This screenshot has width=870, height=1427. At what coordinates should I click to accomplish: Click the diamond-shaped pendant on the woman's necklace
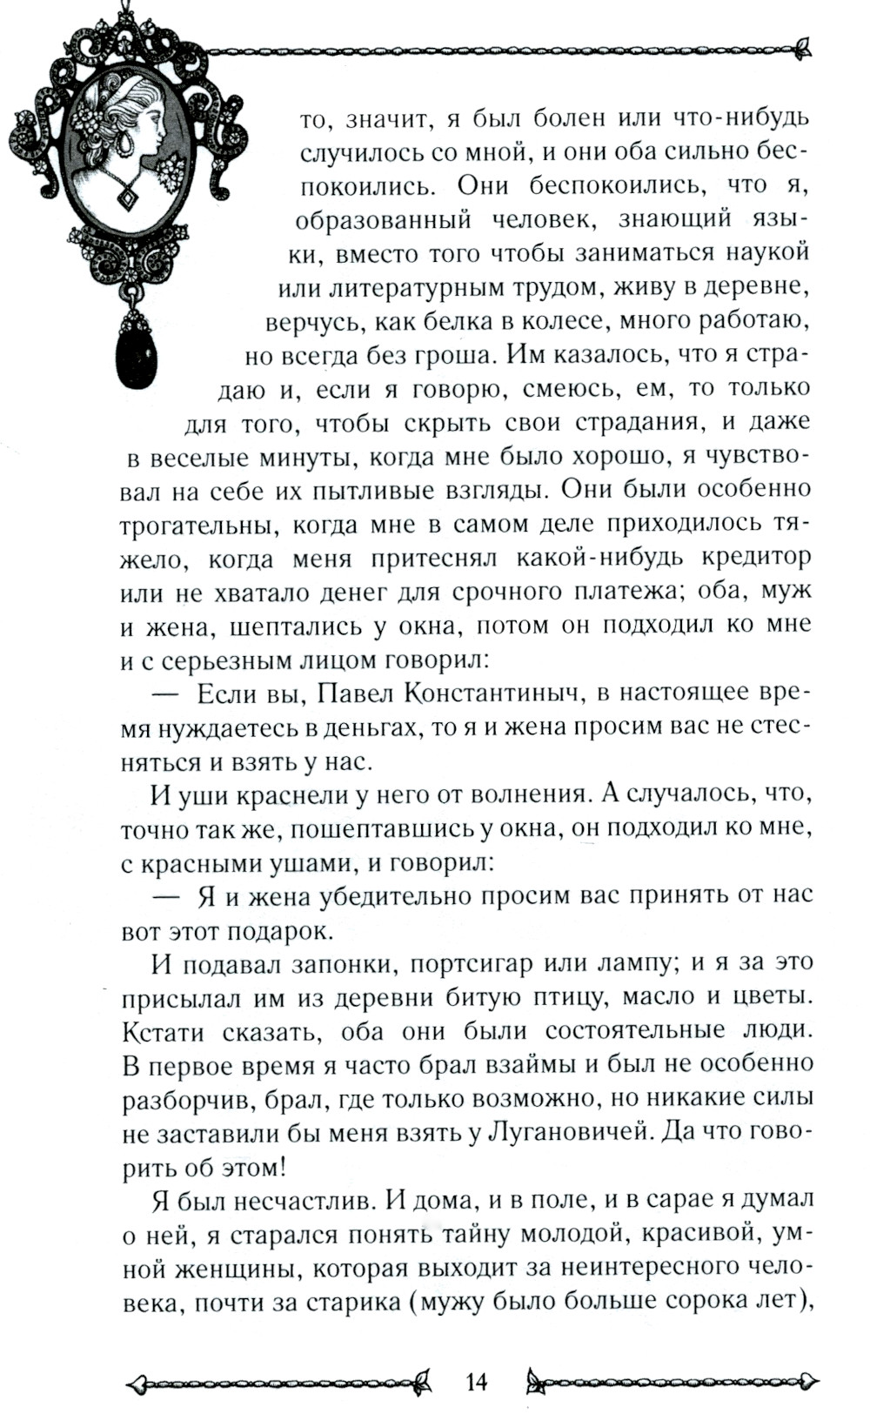click(127, 198)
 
